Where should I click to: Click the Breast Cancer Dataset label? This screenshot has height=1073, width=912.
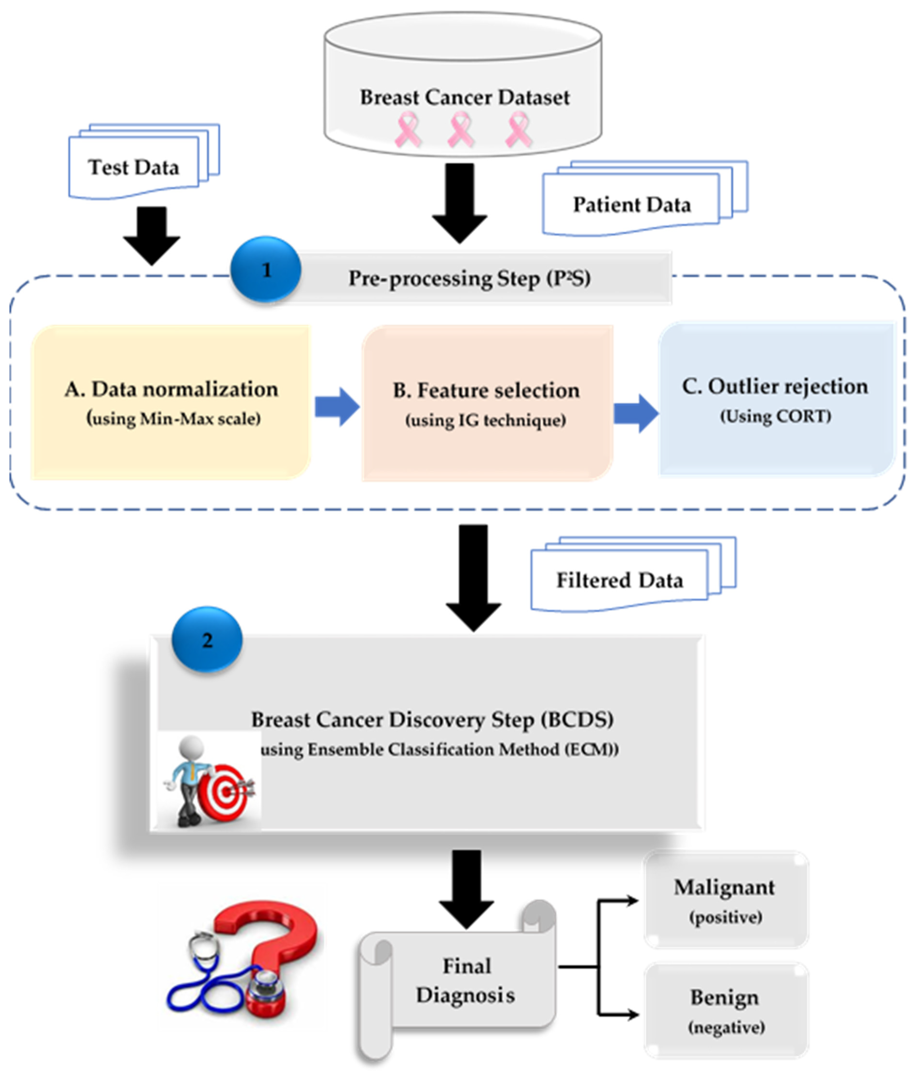[464, 97]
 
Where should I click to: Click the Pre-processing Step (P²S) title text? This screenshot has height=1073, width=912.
[469, 278]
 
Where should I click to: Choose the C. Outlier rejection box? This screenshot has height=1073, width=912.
[775, 398]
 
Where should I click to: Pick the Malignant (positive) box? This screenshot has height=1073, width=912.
[725, 900]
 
